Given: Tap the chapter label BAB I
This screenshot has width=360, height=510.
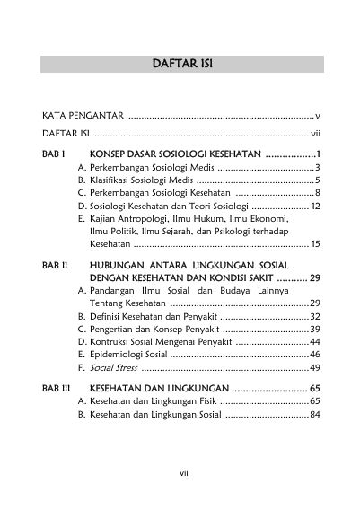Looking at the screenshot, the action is pos(54,154).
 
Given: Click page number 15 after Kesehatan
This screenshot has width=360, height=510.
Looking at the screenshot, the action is pos(315,243).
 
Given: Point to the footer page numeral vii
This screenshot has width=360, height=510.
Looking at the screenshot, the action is pos(180,467).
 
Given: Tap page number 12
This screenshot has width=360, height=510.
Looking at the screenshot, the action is pos(315,206).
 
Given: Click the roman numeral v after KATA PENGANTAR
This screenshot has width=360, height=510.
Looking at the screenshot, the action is pos(318,117).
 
